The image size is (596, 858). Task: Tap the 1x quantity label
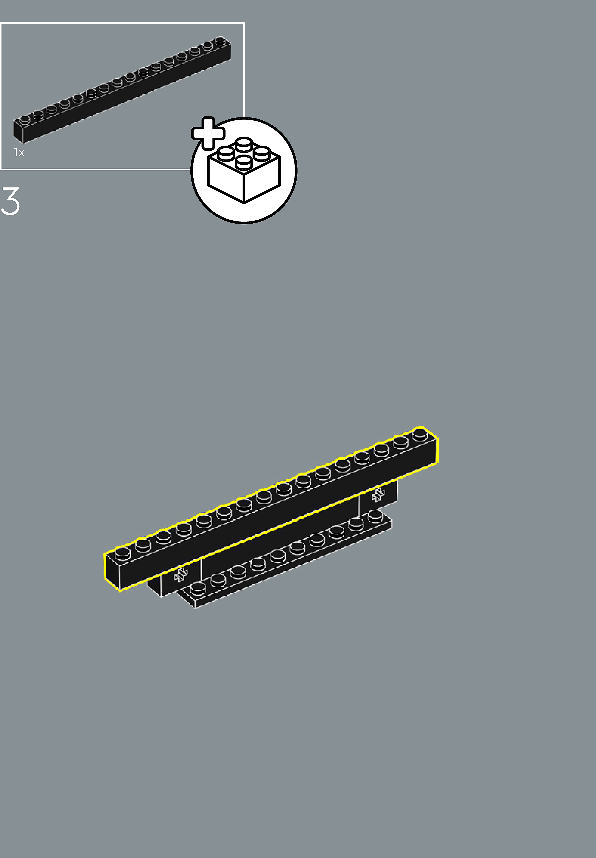coord(19,152)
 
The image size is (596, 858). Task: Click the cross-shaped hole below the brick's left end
coord(181,575)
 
